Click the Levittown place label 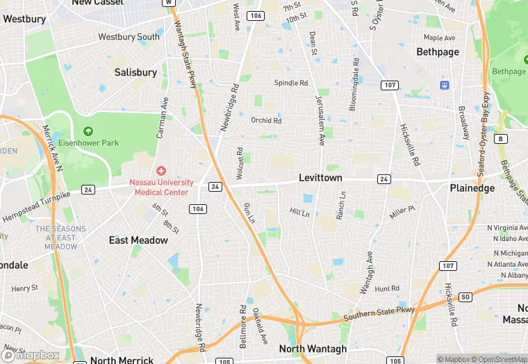click(x=320, y=178)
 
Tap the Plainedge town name click(x=472, y=188)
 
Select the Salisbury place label click(x=135, y=72)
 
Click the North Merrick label click(x=122, y=360)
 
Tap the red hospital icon click(x=161, y=170)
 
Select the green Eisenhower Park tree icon click(x=88, y=131)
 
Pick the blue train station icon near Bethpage click(x=445, y=85)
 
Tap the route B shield click(x=500, y=139)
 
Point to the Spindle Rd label click(x=290, y=83)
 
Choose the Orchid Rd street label click(x=266, y=120)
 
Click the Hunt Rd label click(x=387, y=288)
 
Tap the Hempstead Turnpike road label click(x=36, y=206)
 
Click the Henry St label click(x=25, y=288)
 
